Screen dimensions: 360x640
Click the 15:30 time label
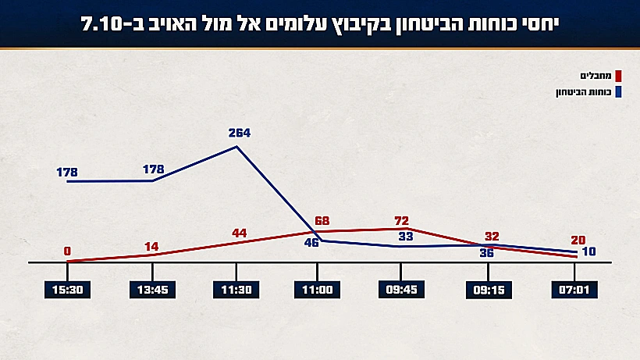click(67, 290)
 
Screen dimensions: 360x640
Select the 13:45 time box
click(152, 290)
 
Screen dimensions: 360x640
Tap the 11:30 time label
click(236, 290)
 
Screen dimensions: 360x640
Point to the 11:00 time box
click(318, 290)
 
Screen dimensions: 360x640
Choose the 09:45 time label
click(404, 290)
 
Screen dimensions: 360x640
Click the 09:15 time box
click(488, 290)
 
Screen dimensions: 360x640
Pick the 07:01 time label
click(574, 290)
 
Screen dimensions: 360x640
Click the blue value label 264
click(239, 133)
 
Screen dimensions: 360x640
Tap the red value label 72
click(402, 221)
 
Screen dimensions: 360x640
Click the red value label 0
click(67, 251)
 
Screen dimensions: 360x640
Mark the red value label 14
click(151, 246)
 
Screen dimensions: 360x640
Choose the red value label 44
click(239, 233)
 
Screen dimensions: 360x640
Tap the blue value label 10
click(590, 251)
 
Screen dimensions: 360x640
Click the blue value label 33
click(405, 236)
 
